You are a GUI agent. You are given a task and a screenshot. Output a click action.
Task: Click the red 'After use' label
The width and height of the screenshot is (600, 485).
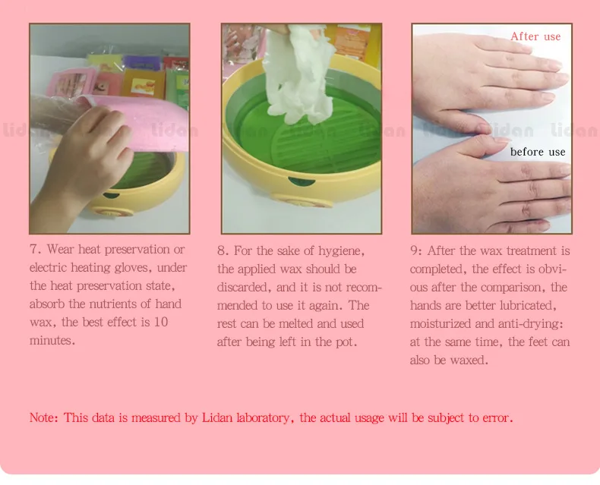[535, 36]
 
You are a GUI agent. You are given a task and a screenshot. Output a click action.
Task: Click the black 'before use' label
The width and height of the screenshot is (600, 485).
[538, 152]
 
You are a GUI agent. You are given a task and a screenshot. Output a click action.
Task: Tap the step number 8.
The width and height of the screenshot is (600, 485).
[223, 251]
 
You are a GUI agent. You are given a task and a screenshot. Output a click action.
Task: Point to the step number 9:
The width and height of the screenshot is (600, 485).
[416, 251]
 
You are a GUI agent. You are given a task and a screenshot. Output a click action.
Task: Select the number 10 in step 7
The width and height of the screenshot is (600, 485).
[161, 322]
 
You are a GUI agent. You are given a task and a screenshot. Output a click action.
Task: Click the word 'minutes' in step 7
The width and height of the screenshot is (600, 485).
[51, 341]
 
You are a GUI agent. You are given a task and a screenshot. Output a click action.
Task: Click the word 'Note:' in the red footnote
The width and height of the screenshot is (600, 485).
[44, 417]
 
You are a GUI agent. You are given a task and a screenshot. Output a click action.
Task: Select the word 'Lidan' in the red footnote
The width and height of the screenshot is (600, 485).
[216, 417]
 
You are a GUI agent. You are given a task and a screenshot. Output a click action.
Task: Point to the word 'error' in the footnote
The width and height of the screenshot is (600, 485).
[497, 417]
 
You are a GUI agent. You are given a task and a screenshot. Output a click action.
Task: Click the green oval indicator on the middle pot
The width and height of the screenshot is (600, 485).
[302, 181]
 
